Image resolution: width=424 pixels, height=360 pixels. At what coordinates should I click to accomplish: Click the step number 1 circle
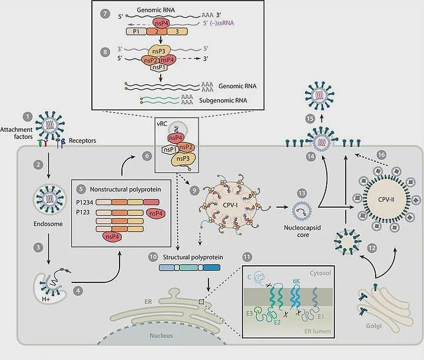click(x=28, y=117)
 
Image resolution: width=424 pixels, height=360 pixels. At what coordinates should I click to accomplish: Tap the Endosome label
click(x=48, y=224)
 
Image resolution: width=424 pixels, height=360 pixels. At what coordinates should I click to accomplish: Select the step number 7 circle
click(x=105, y=14)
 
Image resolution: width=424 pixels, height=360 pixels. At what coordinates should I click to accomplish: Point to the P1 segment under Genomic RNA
click(x=136, y=32)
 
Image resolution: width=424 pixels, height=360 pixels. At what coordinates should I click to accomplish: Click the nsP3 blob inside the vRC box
click(x=183, y=159)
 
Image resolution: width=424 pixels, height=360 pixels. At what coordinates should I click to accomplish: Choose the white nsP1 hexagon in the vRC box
click(x=169, y=149)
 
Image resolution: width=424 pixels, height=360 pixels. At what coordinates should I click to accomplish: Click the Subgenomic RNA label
click(x=223, y=101)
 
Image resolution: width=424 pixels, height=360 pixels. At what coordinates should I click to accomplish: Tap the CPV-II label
click(x=386, y=199)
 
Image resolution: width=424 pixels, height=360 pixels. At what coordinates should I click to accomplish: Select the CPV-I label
click(x=230, y=205)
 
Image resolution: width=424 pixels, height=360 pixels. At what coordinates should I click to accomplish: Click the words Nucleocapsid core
click(x=302, y=231)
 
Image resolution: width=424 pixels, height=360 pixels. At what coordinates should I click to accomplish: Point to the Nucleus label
click(x=161, y=336)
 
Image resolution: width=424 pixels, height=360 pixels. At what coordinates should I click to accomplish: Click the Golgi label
click(x=373, y=325)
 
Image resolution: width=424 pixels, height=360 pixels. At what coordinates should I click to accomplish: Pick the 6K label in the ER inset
click(x=296, y=281)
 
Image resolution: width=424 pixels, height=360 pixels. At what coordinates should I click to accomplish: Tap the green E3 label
click(x=250, y=314)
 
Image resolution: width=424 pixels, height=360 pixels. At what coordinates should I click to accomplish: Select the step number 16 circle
click(x=381, y=155)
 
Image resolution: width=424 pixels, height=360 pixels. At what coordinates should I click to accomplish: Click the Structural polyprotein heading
click(x=193, y=257)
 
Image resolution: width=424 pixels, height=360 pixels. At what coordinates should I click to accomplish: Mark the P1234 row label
click(x=84, y=202)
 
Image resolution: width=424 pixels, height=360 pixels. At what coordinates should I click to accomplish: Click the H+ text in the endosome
click(x=46, y=299)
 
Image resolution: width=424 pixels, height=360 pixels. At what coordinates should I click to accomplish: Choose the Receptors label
click(x=82, y=141)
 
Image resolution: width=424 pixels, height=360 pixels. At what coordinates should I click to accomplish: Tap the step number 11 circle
click(x=247, y=257)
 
